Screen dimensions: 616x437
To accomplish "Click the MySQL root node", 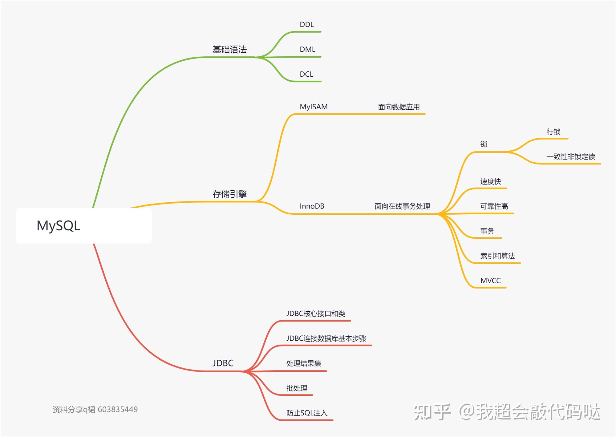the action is click(x=59, y=226).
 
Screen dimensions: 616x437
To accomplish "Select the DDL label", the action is click(x=307, y=25).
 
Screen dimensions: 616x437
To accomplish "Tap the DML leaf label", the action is click(x=307, y=49).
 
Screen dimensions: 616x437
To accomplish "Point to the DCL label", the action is click(x=306, y=74).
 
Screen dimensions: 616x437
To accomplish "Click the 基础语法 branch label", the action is click(x=229, y=49).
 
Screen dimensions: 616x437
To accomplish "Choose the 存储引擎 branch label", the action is click(x=229, y=194).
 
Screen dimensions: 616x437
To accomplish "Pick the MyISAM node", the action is click(x=314, y=107).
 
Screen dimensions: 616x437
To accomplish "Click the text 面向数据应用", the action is click(x=399, y=107).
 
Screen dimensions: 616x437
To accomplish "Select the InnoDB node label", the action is click(x=312, y=206).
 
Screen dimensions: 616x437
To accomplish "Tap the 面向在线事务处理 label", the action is click(x=402, y=206).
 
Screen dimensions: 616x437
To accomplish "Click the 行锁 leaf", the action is click(x=553, y=132).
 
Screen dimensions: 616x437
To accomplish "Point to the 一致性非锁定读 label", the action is click(x=570, y=157).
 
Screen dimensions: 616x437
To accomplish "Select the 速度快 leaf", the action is click(x=490, y=181).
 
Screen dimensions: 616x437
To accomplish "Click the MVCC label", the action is click(x=490, y=281).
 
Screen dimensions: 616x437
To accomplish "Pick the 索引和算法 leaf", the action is click(x=497, y=256).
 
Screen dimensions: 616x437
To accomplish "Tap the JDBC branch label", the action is click(x=223, y=363).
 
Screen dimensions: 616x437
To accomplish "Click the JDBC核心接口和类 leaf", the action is click(x=316, y=314).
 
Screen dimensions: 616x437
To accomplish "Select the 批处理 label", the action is click(x=297, y=388).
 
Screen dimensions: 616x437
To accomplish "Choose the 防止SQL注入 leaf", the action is click(x=307, y=413).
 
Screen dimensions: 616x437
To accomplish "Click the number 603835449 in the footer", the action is click(x=118, y=409).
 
